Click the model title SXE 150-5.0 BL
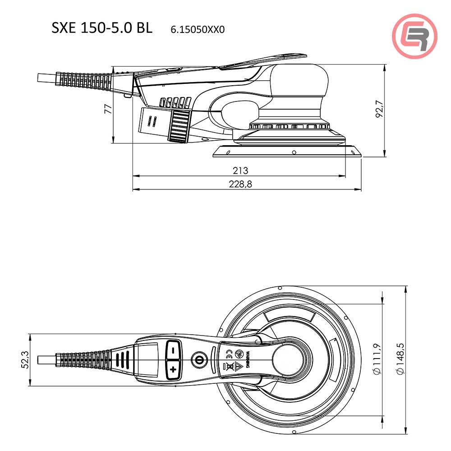pyautogui.click(x=102, y=28)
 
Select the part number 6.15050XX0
pyautogui.click(x=198, y=30)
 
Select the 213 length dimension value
pyautogui.click(x=240, y=170)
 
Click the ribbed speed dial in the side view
pyautogui.click(x=179, y=125)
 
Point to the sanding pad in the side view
pyautogui.click(x=287, y=151)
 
